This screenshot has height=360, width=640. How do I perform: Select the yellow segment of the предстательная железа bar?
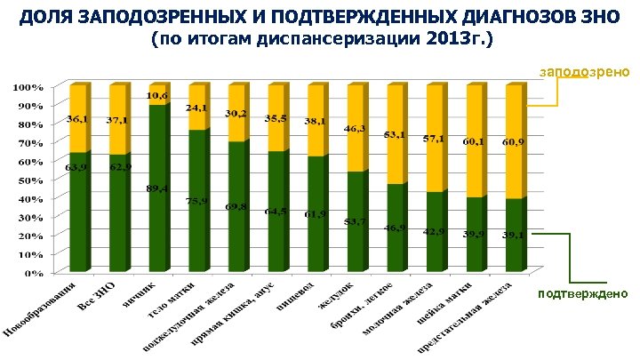click(514, 142)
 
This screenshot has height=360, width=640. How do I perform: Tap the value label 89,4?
click(158, 188)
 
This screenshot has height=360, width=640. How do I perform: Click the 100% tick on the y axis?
click(28, 87)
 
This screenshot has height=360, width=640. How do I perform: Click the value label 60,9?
click(514, 142)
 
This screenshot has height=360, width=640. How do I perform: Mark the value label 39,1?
click(514, 235)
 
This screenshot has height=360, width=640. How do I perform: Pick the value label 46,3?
click(356, 130)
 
